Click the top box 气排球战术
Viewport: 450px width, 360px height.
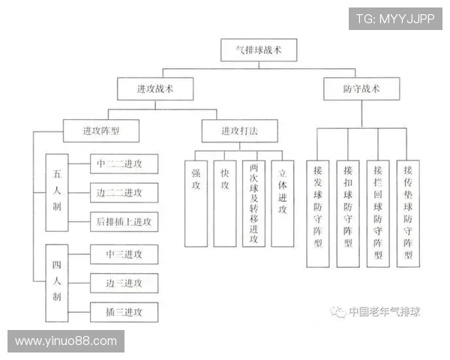click(259, 50)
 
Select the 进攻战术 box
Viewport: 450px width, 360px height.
click(155, 88)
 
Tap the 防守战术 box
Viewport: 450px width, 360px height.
click(361, 88)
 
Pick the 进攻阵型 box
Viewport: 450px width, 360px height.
click(101, 131)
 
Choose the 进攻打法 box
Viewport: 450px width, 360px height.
click(240, 131)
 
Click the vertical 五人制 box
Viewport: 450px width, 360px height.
click(57, 193)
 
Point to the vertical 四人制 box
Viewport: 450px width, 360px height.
click(57, 283)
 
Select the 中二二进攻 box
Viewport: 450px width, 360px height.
click(124, 163)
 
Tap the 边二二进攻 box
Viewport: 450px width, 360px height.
click(124, 193)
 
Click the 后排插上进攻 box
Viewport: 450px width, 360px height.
click(124, 222)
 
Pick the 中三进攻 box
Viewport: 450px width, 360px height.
click(124, 254)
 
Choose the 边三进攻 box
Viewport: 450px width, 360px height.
click(124, 283)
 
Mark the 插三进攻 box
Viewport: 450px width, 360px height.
click(124, 312)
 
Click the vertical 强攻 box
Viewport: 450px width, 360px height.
click(196, 203)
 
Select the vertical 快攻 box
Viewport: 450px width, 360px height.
click(225, 203)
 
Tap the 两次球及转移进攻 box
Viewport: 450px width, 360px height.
click(253, 203)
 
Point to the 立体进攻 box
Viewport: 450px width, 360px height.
click(283, 203)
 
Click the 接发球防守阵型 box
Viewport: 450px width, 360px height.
click(318, 214)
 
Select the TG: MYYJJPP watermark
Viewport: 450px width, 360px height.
click(395, 19)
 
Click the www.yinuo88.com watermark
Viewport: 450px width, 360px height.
click(66, 341)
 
